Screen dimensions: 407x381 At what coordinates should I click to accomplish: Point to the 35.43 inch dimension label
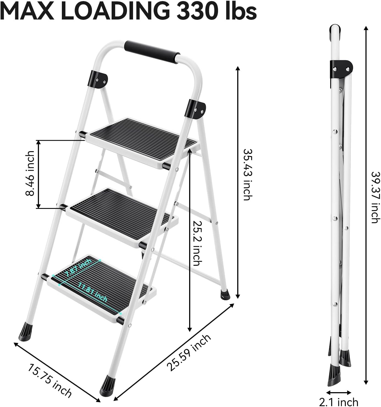click(x=247, y=175)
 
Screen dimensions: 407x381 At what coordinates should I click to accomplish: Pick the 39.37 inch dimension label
click(x=375, y=197)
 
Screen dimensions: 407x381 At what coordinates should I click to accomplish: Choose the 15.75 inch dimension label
click(x=49, y=380)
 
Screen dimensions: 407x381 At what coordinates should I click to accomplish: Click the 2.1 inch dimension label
click(x=339, y=402)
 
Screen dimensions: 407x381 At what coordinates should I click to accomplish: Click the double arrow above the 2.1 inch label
click(x=339, y=392)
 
